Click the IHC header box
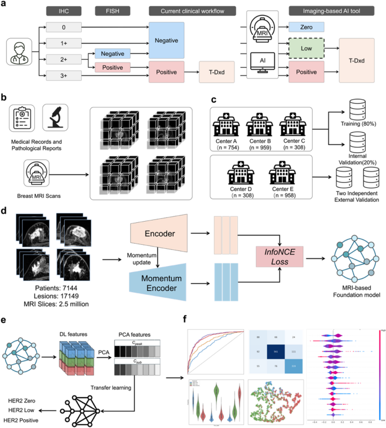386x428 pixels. point(64,11)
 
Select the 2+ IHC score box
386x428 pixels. point(64,58)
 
